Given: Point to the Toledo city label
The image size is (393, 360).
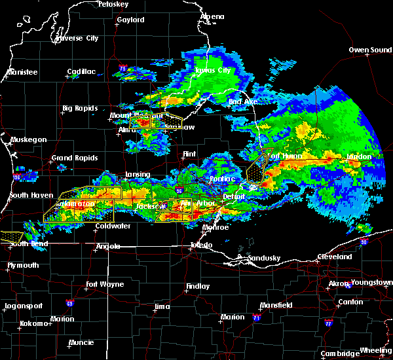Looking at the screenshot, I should (x=201, y=245).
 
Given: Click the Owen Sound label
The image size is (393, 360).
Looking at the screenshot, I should (x=370, y=50).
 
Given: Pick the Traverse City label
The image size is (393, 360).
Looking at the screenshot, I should (x=77, y=38).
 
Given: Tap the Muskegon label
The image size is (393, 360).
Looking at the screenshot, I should (x=28, y=139).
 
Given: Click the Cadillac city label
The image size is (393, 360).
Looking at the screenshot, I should (x=82, y=72).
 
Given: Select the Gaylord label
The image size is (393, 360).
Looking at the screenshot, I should (x=130, y=20).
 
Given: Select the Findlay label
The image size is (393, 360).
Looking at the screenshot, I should (x=198, y=286).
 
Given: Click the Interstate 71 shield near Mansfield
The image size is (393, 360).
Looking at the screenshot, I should (x=257, y=317).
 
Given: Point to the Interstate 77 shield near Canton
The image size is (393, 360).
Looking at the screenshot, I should (x=327, y=323).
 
